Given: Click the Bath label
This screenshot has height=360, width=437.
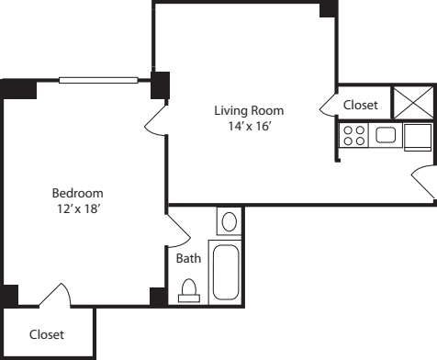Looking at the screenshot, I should (188, 259).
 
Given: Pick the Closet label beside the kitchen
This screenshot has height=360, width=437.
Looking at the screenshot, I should (361, 106).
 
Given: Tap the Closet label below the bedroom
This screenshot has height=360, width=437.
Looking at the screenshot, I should (47, 335).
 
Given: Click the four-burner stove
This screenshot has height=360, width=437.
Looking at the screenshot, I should (353, 136).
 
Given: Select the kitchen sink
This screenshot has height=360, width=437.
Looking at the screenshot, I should (386, 136).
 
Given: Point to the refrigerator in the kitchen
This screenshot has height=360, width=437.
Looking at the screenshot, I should (418, 136).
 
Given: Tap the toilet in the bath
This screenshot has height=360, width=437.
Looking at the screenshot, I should (189, 292).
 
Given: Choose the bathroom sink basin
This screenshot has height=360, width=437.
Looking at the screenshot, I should (229, 221).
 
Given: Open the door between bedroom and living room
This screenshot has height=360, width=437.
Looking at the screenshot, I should (157, 115).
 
